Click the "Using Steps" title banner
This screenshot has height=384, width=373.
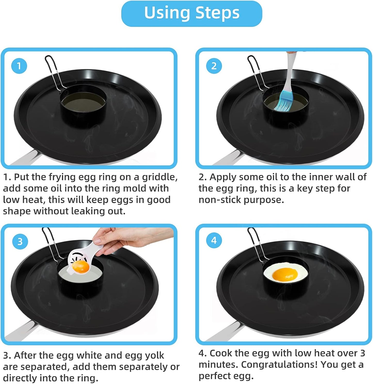click(192, 13)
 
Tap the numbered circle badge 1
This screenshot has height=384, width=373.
click(19, 66)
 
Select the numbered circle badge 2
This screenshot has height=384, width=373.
click(214, 66)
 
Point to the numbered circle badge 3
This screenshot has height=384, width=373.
click(20, 242)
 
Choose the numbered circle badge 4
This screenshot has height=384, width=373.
click(214, 241)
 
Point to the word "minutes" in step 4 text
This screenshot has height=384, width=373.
click(218, 365)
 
